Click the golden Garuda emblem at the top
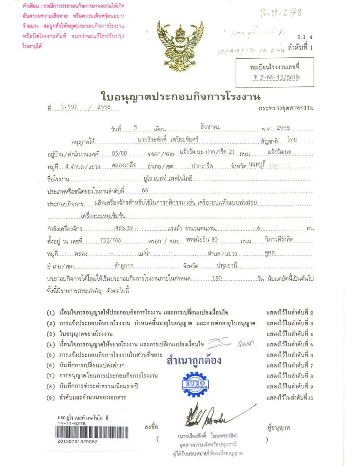pos(177,47)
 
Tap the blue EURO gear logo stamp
pos(195,385)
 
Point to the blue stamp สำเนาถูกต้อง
pos(194,361)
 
